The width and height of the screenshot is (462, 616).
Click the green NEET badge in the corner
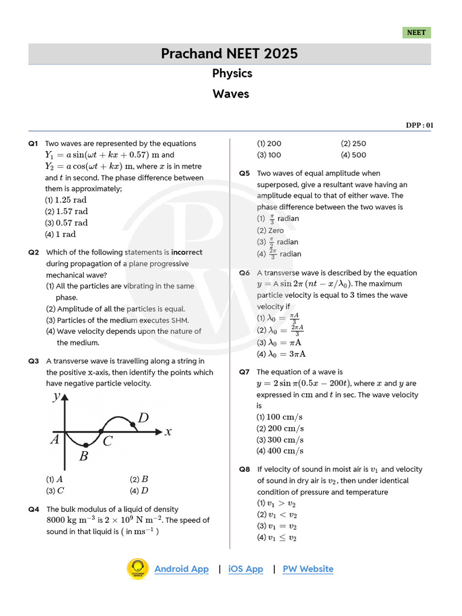pos(416,32)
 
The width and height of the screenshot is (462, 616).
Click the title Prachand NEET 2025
pos(229,54)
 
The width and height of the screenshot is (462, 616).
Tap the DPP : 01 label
pos(419,125)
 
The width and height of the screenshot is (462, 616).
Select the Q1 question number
pos(33,144)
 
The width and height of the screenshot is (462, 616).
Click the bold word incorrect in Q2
pos(186,252)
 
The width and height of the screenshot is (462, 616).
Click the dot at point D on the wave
pos(133,425)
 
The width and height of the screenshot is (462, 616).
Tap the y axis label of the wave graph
pos(57,396)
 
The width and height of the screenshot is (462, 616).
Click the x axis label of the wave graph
pos(168,431)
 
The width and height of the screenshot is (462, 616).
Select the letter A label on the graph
pos(55,440)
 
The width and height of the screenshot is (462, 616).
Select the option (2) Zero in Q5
pos(270,230)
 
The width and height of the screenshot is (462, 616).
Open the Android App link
pos(181,569)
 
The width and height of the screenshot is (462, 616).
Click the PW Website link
pos(307,569)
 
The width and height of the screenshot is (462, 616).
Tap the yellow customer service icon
pos(137,569)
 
